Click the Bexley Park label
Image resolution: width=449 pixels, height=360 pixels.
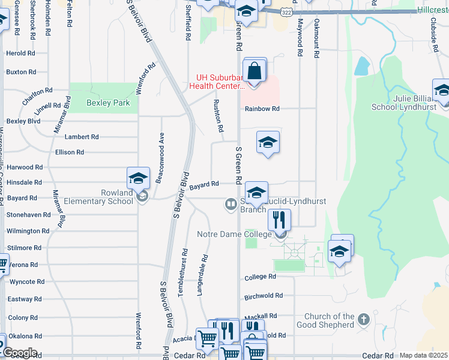tap(108, 103)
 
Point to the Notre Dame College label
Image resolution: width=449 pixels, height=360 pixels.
tap(234, 233)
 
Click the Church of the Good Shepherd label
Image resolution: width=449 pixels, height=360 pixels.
tap(329, 320)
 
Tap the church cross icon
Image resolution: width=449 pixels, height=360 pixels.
tap(364, 320)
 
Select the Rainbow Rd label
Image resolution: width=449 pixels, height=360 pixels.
tap(262, 109)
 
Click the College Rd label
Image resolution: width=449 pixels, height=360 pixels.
tap(260, 277)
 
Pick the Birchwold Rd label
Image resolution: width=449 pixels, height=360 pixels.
tap(264, 295)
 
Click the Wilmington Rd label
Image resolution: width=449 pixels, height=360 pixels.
tap(28, 230)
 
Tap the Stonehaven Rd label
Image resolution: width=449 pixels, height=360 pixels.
tap(28, 214)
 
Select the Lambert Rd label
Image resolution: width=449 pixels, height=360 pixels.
tap(82, 137)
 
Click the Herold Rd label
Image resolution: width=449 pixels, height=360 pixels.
tap(20, 53)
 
